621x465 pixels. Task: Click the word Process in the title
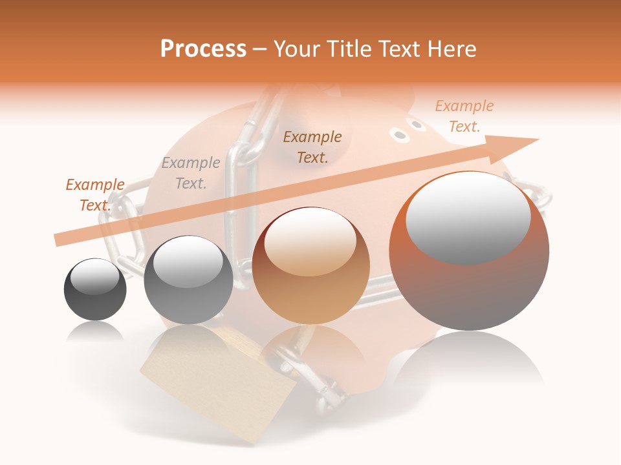tap(203, 49)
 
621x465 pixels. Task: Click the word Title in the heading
tap(349, 49)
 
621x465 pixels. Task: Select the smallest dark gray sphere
tap(95, 297)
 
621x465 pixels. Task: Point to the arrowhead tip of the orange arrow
tap(537, 139)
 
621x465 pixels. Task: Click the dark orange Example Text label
tap(95, 194)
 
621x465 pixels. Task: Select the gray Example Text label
tap(191, 173)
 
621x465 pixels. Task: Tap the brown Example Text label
tap(312, 147)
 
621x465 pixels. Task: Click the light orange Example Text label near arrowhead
tap(464, 116)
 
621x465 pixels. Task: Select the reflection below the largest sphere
tap(469, 362)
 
